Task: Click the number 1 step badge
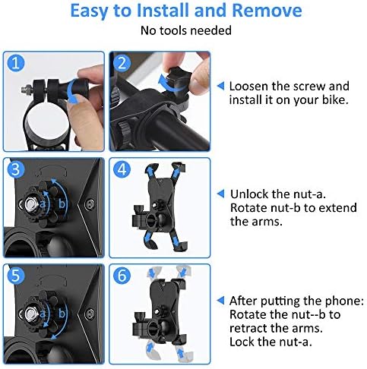point(16,63)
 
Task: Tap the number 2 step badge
point(122,63)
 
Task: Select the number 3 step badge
point(16,169)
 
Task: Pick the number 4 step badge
point(122,169)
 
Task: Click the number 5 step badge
point(16,276)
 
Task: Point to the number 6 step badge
point(122,276)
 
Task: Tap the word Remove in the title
point(267,11)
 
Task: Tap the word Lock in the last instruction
point(242,342)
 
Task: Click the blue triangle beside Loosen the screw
point(220,86)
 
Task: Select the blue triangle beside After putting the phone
point(220,301)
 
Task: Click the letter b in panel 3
point(62,203)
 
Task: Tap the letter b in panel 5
point(62,314)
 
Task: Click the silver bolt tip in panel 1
point(24,89)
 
